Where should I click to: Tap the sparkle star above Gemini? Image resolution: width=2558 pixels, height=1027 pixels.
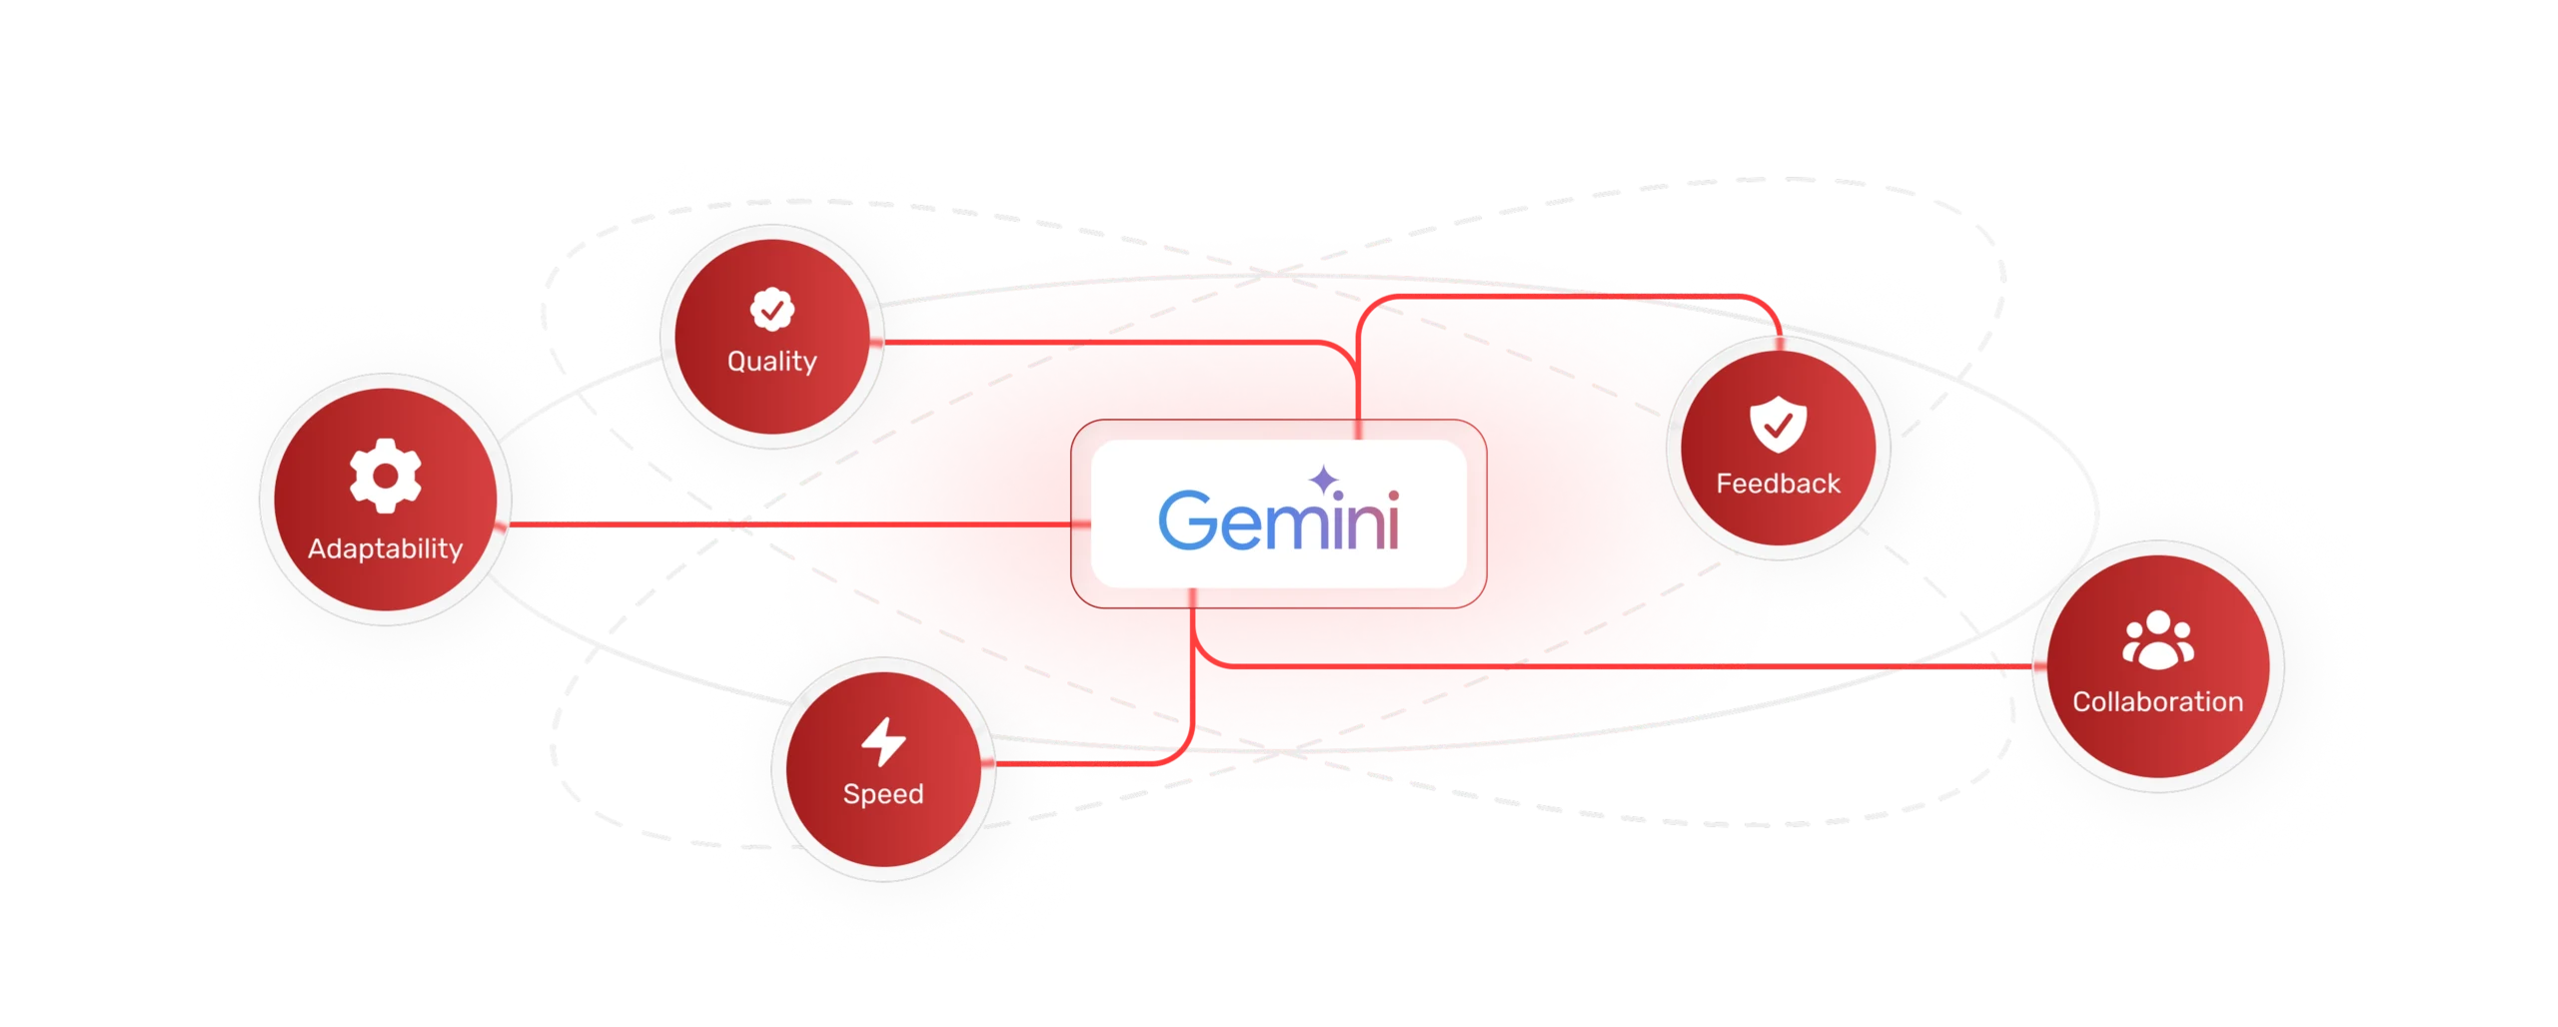[x=1324, y=480]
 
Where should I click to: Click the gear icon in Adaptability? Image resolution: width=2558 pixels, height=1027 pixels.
[x=386, y=476]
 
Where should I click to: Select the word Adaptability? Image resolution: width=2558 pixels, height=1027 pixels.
[x=385, y=548]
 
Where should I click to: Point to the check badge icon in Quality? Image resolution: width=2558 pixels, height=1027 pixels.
[x=772, y=310]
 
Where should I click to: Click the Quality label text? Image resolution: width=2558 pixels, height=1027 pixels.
[x=772, y=361]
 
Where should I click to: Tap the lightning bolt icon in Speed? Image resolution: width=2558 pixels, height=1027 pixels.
[x=883, y=741]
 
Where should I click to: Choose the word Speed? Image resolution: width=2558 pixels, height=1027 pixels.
[x=883, y=794]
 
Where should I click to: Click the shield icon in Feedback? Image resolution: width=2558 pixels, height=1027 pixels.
[x=1778, y=424]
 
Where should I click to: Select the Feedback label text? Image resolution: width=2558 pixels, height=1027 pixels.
[x=1779, y=484]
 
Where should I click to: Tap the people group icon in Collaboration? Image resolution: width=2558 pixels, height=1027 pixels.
[x=2158, y=639]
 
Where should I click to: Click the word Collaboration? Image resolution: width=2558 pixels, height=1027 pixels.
[x=2158, y=701]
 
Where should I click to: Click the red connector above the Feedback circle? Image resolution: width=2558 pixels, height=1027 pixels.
[x=1569, y=296]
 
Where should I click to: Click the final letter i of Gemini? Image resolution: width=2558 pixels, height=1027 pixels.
[x=1393, y=520]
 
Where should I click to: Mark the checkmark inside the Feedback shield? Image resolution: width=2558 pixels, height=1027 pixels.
[x=1779, y=426]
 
